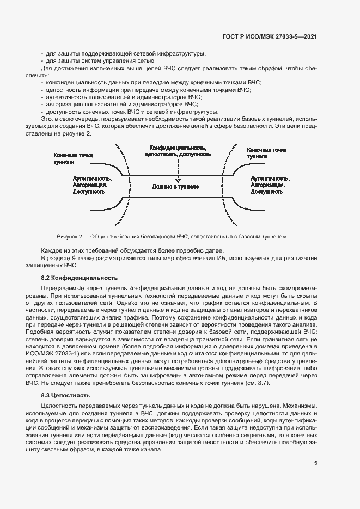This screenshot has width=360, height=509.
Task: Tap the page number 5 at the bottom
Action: (316, 463)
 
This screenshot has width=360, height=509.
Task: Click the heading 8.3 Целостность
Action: (66, 395)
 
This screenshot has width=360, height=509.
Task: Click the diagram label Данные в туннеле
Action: (175, 187)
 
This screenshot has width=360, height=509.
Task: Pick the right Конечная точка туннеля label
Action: (267, 152)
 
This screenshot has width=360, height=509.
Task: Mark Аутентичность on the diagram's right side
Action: (270, 178)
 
